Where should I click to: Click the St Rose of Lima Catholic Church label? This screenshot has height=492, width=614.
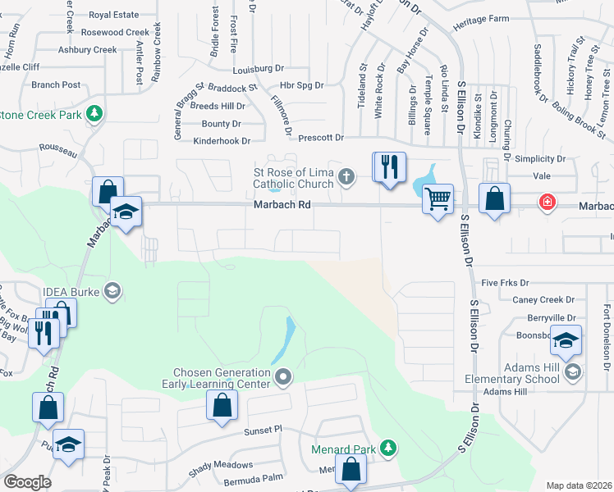[x=293, y=178]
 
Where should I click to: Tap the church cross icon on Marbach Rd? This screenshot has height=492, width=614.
[x=347, y=175]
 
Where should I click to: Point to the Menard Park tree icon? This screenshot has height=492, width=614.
[x=390, y=449]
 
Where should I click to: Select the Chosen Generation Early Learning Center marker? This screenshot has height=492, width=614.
[x=283, y=377]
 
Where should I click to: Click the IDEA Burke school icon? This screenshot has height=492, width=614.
[x=112, y=291]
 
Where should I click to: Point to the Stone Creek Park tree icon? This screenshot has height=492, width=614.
[x=94, y=113]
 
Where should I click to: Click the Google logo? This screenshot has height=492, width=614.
[x=27, y=482]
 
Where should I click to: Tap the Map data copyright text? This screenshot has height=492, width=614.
[x=579, y=485]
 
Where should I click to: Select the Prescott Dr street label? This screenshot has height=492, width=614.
[x=320, y=139]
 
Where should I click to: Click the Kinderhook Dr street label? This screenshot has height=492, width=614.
[x=221, y=141]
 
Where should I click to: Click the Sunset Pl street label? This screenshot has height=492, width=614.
[x=262, y=430]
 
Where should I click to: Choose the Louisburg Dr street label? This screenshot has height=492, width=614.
[x=259, y=69]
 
